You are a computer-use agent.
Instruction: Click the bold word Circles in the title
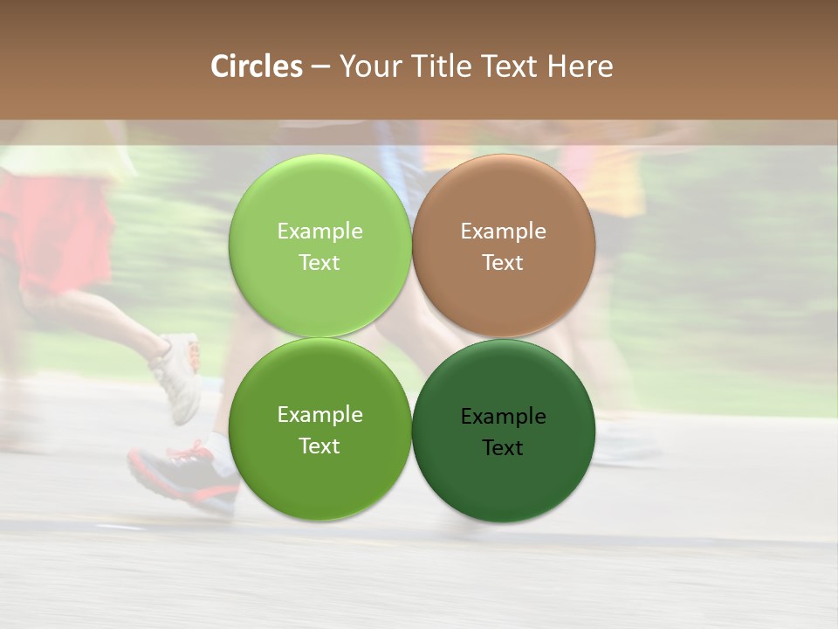[x=257, y=66]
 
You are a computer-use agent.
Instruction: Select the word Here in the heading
[x=580, y=66]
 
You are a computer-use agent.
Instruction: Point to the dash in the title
[x=320, y=67]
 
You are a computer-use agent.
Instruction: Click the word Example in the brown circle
[x=503, y=232]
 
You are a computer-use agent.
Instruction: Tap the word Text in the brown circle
[x=503, y=263]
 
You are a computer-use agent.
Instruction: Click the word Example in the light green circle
[x=319, y=232]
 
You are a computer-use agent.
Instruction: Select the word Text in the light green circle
[x=319, y=263]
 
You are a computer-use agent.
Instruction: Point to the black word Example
[x=503, y=417]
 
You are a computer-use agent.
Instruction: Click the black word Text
[x=503, y=448]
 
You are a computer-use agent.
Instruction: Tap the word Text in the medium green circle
[x=319, y=446]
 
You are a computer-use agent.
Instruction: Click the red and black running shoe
[x=182, y=476]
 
